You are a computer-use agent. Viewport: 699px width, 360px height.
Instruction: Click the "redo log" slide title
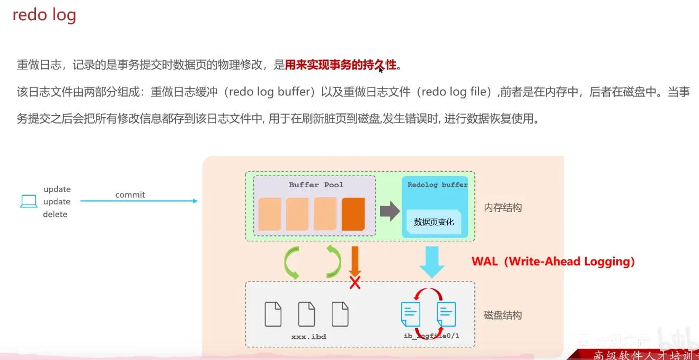(45, 15)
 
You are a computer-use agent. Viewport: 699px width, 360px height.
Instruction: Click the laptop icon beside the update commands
(29, 201)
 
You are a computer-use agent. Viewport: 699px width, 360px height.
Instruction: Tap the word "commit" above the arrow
(130, 195)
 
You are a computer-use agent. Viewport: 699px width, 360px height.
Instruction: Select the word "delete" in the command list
(55, 214)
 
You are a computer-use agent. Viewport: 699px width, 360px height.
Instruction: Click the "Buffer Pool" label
(316, 185)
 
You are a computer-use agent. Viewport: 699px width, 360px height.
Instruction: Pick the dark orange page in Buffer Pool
(353, 214)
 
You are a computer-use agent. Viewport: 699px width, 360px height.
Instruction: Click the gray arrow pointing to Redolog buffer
(390, 211)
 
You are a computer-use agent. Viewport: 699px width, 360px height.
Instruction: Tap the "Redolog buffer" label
(437, 185)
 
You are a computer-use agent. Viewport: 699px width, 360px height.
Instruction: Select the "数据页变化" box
(434, 222)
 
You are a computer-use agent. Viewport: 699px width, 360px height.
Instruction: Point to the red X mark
(355, 283)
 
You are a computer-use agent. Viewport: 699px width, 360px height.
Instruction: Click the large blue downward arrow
(432, 261)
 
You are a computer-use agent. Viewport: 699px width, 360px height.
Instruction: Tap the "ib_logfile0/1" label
(431, 336)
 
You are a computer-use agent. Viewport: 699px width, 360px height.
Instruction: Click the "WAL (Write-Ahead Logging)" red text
(553, 261)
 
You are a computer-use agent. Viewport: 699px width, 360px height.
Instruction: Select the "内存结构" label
(503, 208)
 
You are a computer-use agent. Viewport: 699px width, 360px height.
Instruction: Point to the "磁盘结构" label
(503, 315)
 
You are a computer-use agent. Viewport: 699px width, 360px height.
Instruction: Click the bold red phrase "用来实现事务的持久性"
(341, 65)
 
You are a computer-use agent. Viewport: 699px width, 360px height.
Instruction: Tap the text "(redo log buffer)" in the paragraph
(270, 92)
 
